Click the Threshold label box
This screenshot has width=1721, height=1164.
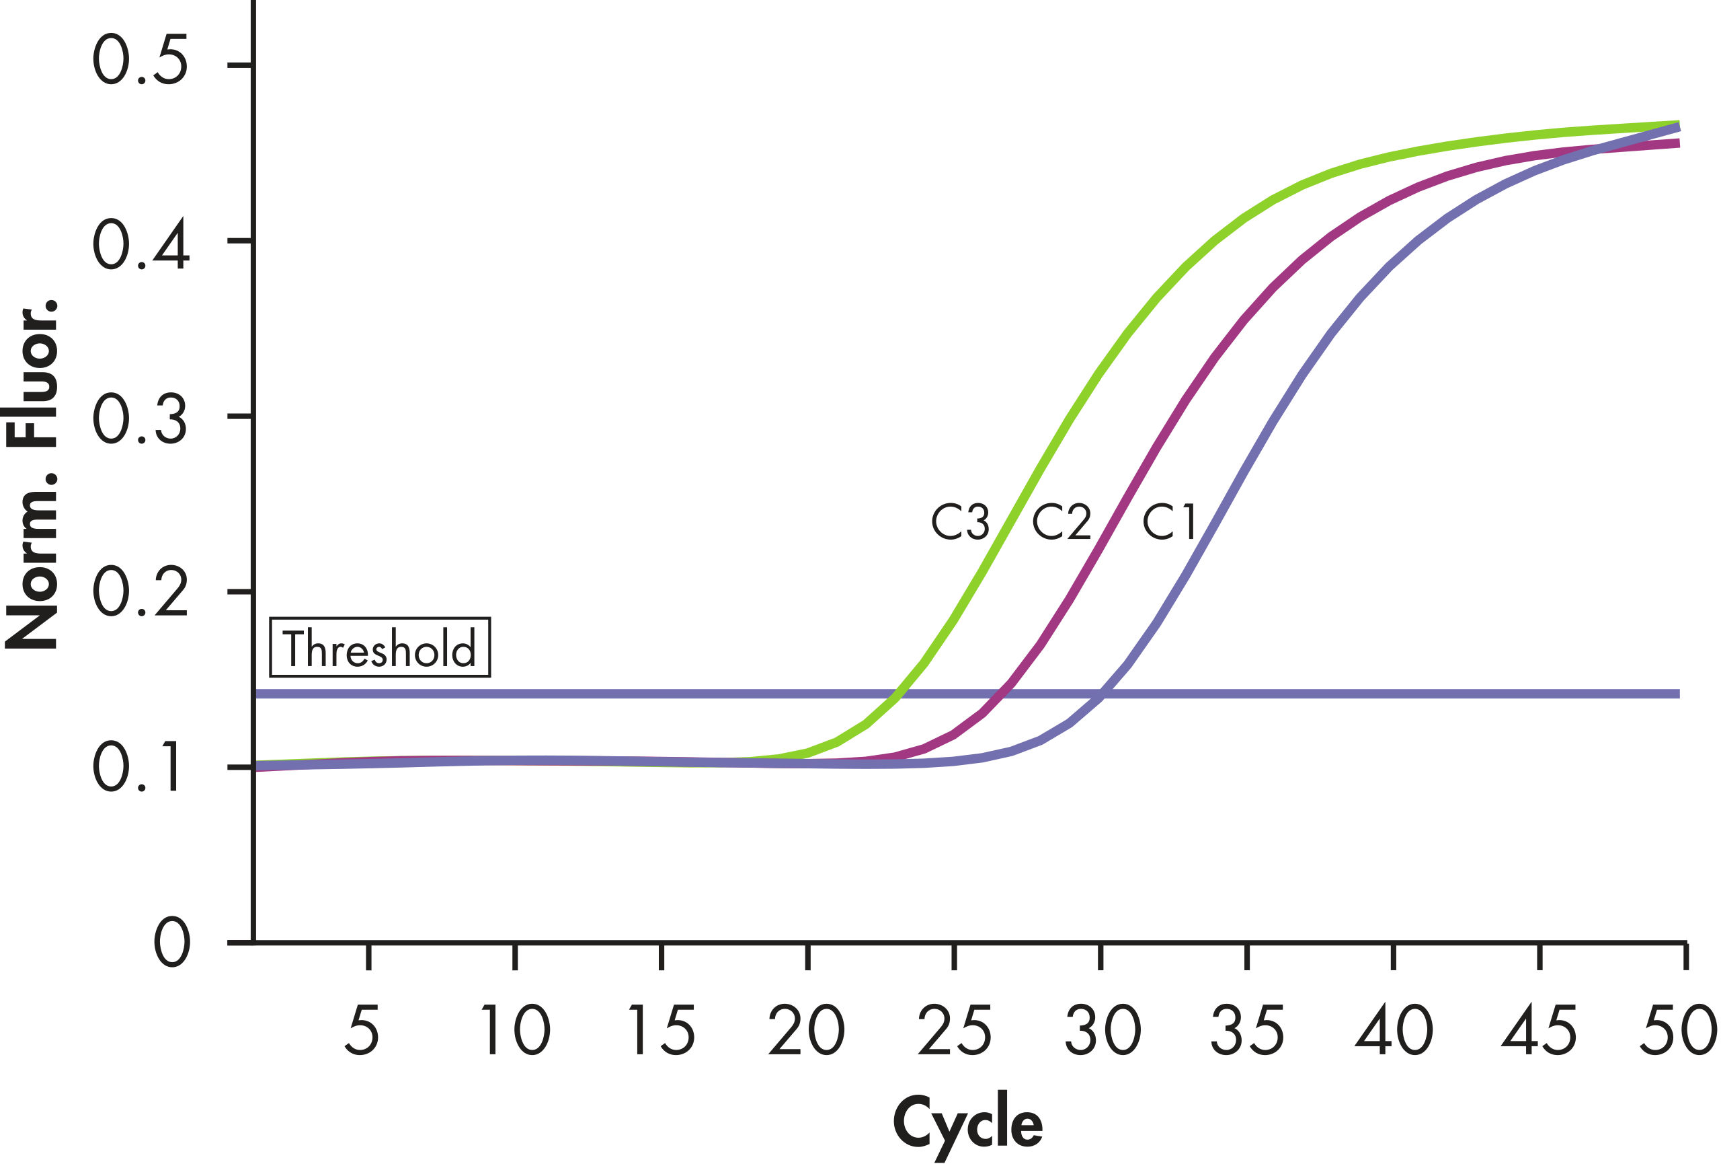379,647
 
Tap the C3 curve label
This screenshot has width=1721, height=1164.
960,521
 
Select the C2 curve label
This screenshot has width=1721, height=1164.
1062,521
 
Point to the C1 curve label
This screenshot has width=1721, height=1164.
1169,521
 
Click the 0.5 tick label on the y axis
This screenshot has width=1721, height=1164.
140,61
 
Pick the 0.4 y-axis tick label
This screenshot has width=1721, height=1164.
140,246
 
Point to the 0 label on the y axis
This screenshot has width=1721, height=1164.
172,943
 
